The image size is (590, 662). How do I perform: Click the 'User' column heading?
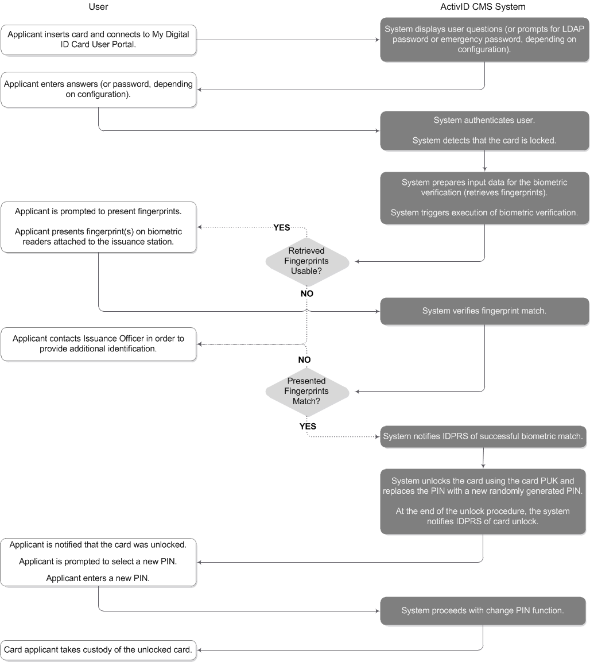pos(98,7)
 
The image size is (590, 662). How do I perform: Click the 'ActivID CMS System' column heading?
pos(484,7)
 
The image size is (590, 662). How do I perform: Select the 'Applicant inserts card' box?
pos(98,40)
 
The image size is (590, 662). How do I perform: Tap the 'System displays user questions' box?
pos(484,39)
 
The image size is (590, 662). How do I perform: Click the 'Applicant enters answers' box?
pos(98,89)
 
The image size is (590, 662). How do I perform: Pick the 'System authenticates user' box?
pos(484,130)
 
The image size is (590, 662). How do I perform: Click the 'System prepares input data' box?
pos(484,198)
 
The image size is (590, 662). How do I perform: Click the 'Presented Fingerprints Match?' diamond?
pos(306,391)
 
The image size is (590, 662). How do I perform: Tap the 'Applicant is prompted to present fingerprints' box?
pos(98,227)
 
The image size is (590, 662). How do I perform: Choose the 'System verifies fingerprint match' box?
pos(484,311)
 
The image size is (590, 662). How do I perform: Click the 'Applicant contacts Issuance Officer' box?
pos(98,344)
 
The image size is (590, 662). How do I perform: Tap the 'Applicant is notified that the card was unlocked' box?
pos(98,562)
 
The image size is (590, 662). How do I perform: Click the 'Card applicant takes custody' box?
pos(98,651)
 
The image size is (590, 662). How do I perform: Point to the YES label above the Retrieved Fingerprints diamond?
pos(281,227)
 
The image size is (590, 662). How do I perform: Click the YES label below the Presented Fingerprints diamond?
pos(308,427)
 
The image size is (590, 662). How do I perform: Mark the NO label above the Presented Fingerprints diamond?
pos(304,359)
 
